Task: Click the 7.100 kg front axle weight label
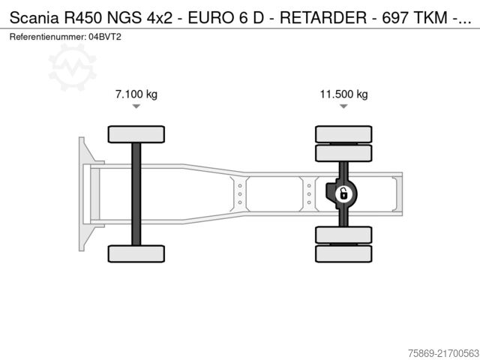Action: pos(136,94)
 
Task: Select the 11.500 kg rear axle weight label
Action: pos(343,94)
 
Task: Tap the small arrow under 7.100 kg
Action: pos(136,106)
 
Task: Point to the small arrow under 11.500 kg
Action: pos(343,106)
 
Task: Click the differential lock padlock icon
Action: pos(343,194)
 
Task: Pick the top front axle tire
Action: pos(136,134)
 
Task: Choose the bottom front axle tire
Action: pos(136,253)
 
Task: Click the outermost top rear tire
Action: pos(343,134)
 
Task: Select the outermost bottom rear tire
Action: pos(343,253)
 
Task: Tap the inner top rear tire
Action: pos(343,153)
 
